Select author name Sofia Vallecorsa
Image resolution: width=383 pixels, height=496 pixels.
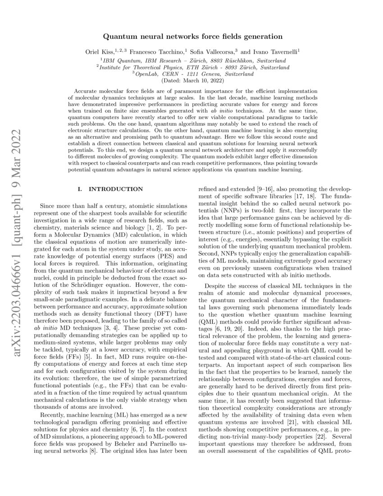pyautogui.click(x=212, y=52)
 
